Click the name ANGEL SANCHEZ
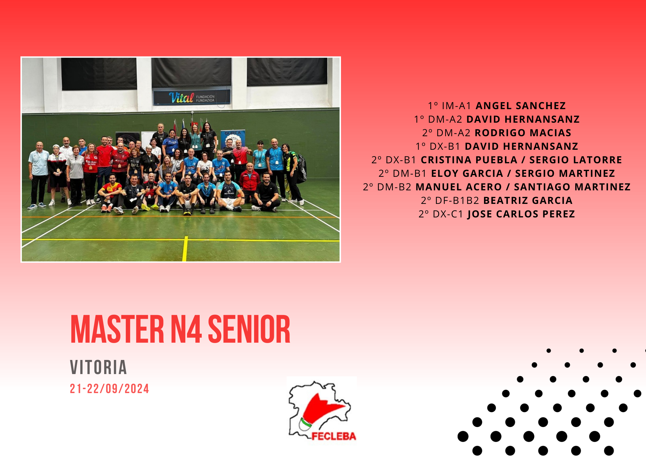click(521, 106)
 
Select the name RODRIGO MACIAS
click(523, 133)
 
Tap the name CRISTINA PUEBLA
click(469, 160)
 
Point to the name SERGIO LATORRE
click(576, 160)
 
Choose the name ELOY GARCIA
click(467, 174)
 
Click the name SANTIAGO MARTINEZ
click(572, 187)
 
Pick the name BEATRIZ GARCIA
click(528, 201)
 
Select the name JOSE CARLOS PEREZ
click(521, 214)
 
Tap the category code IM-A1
click(456, 106)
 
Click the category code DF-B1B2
click(457, 201)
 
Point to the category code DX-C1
click(448, 214)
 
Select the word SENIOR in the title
click(249, 329)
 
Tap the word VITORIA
click(98, 367)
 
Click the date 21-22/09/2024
click(109, 389)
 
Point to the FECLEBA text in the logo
click(334, 437)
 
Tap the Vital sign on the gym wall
click(192, 98)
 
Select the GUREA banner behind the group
click(233, 139)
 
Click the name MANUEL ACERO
click(459, 187)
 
